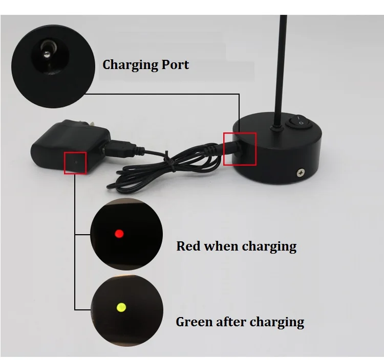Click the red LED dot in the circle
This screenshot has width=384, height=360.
tap(119, 234)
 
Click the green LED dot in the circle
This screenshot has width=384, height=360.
tap(121, 307)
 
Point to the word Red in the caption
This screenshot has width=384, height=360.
tap(188, 246)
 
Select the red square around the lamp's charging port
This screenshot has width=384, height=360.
tap(240, 148)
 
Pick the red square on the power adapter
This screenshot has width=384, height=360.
tap(75, 163)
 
